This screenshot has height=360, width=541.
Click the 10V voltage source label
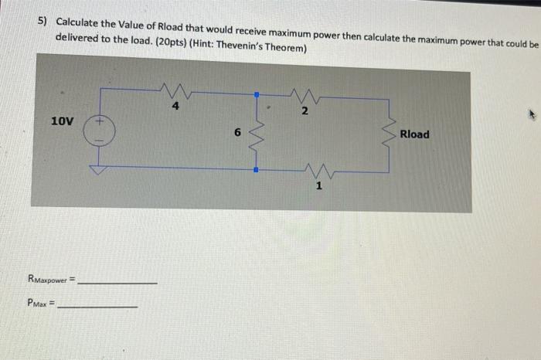pos(62,121)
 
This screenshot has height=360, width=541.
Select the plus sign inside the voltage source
pos(100,122)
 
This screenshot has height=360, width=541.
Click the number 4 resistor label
pos(175,107)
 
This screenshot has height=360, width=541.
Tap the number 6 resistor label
pos(238,133)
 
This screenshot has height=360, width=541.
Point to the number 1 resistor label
pos(318,186)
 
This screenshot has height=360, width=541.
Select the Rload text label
pos(414,134)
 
